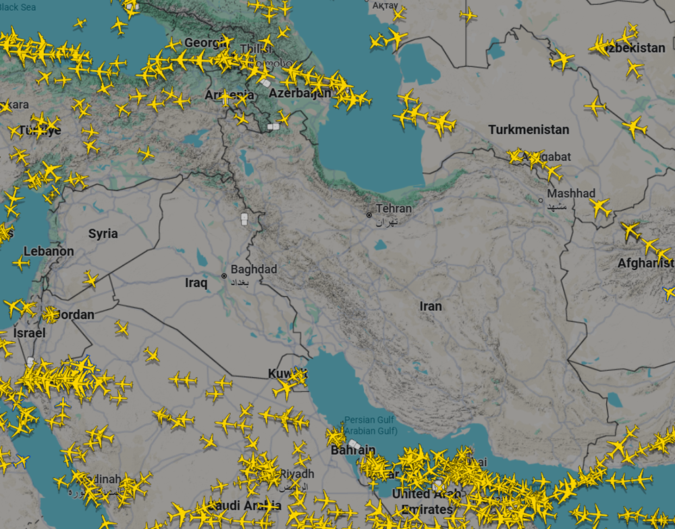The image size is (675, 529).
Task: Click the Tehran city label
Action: (x=394, y=209)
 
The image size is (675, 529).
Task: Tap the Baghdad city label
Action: (x=254, y=270)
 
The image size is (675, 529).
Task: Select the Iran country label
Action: (x=431, y=306)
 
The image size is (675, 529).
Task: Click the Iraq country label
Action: (x=196, y=283)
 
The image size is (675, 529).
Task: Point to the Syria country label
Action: (x=103, y=234)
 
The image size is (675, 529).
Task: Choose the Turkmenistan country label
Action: (x=529, y=130)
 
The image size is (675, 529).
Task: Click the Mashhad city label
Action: (x=571, y=193)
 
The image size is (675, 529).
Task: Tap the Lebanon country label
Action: (x=49, y=251)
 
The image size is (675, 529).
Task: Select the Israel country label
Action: (x=30, y=333)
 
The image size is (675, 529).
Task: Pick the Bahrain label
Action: (x=353, y=450)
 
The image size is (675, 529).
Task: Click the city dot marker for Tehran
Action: (x=369, y=215)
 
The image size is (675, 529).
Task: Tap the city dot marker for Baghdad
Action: (x=224, y=276)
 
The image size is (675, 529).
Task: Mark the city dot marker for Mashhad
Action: (x=541, y=200)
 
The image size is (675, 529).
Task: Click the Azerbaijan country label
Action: (x=300, y=93)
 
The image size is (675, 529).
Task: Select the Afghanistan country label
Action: (x=645, y=263)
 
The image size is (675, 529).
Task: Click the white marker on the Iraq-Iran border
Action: (x=244, y=219)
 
